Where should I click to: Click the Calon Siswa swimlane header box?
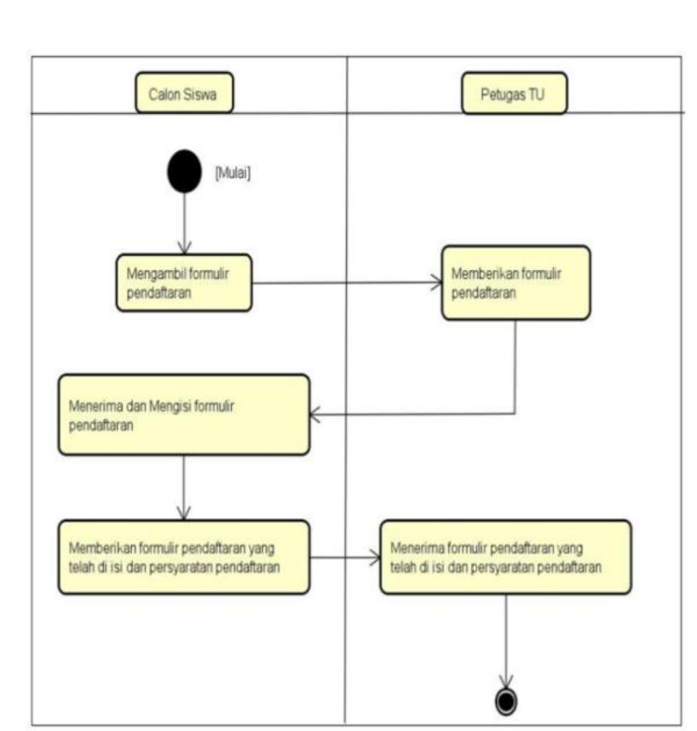coord(185,94)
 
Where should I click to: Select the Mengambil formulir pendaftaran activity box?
coord(184,283)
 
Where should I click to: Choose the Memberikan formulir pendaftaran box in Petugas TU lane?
coord(515,283)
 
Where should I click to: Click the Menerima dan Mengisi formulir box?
coord(184,414)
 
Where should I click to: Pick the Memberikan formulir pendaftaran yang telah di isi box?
coord(184,557)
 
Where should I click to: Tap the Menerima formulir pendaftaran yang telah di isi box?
coord(505,557)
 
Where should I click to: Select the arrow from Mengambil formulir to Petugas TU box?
coord(345,283)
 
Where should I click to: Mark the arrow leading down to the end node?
coord(507,638)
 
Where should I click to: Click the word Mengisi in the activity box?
coord(167,407)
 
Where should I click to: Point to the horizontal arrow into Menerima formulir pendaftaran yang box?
coord(345,558)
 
